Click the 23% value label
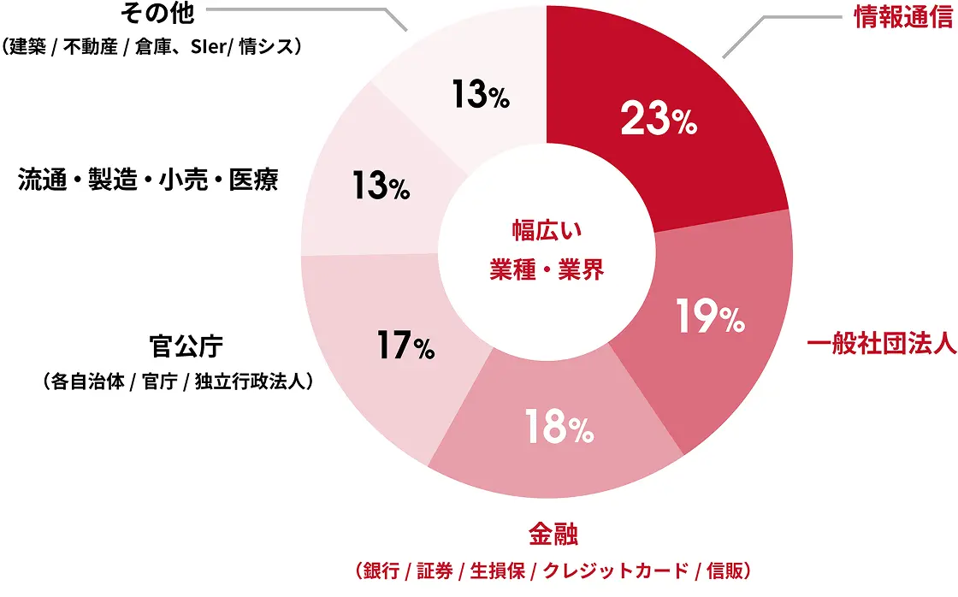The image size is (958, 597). [x=659, y=121]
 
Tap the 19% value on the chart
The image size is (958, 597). [x=709, y=316]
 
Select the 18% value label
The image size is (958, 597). [x=559, y=429]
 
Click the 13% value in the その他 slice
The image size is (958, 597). [x=481, y=95]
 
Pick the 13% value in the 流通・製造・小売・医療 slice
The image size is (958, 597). [x=381, y=186]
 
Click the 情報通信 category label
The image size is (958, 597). [x=903, y=17]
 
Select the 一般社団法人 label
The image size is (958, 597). [x=881, y=346]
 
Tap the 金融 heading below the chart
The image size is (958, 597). [x=553, y=536]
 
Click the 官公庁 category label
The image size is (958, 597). [x=186, y=346]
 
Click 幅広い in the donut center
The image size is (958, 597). [x=547, y=230]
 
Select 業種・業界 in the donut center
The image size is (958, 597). [x=547, y=271]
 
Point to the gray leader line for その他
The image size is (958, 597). [x=299, y=9]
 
